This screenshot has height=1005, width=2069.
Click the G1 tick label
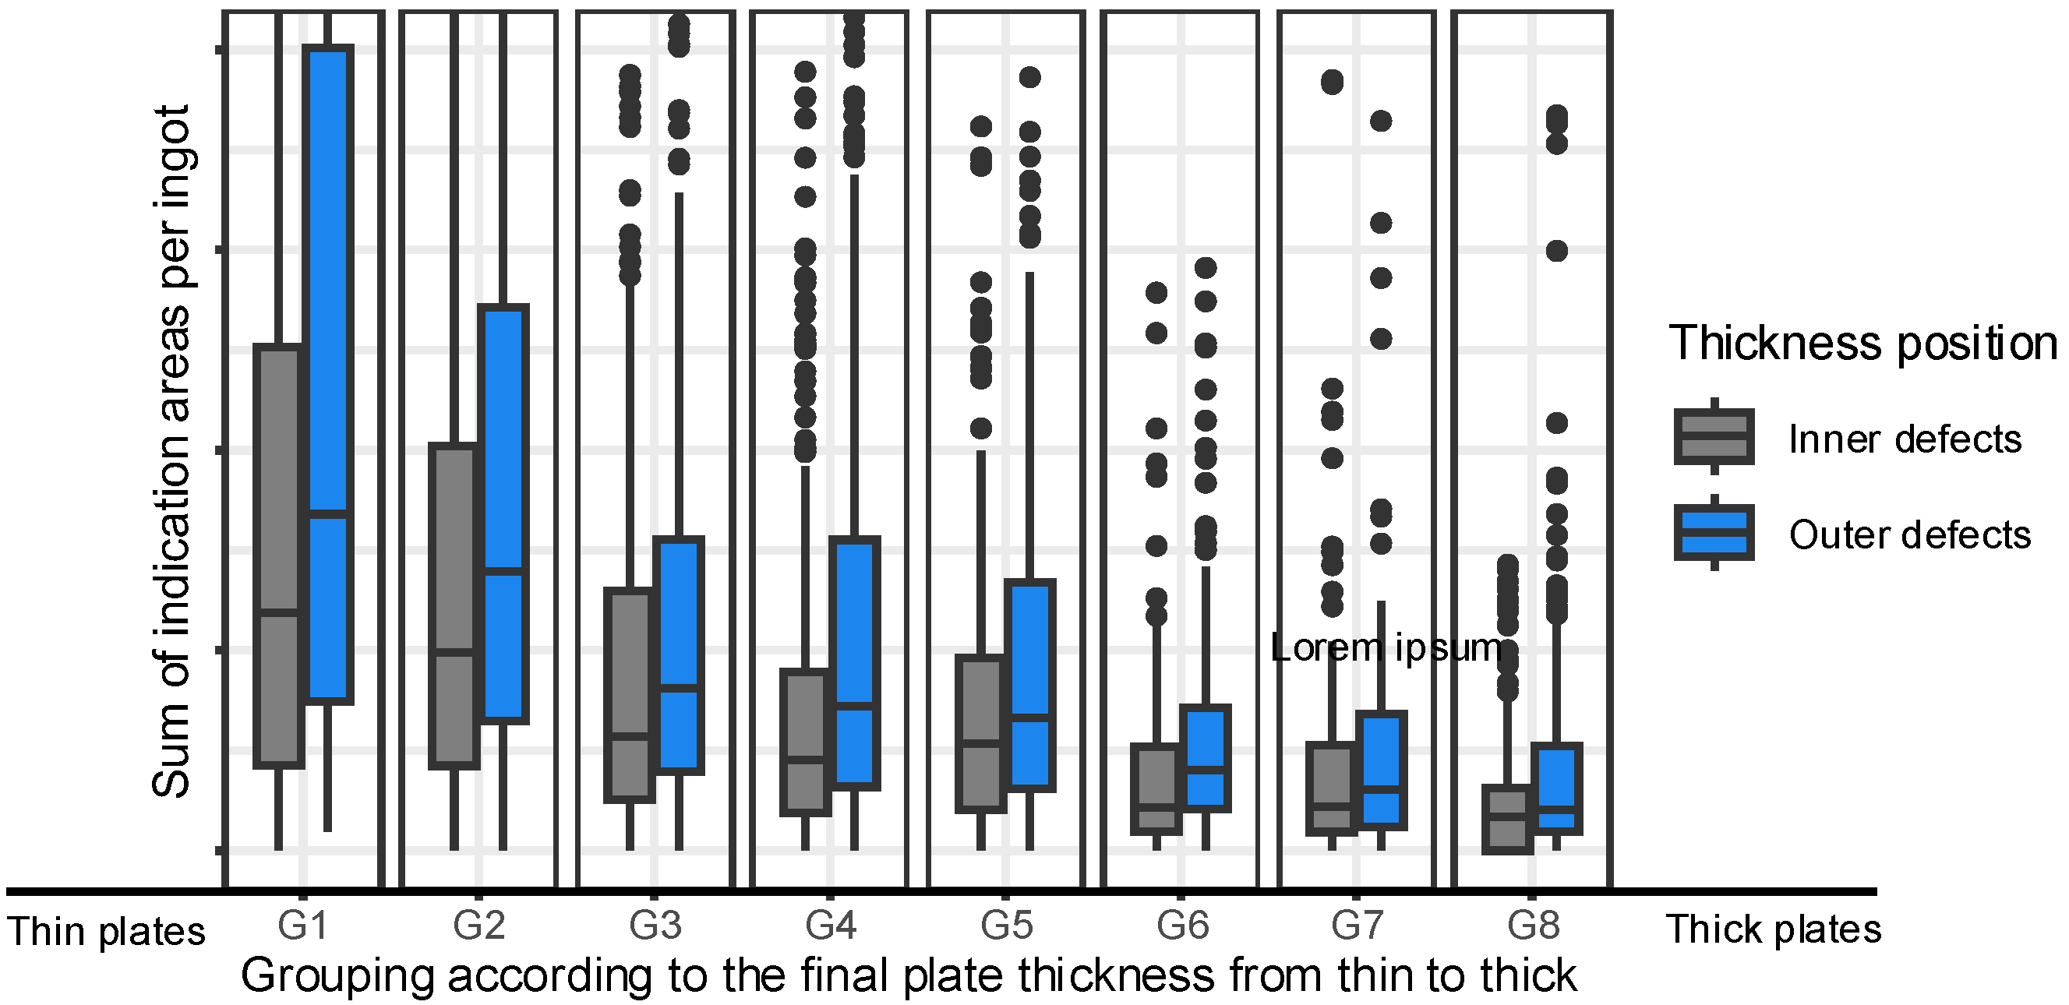coord(303,926)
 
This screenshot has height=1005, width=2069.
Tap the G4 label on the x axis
coord(831,926)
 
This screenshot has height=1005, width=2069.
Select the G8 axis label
coord(1534,926)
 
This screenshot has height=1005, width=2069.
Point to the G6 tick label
coord(1182,926)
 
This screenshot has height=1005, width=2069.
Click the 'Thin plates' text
coord(106,932)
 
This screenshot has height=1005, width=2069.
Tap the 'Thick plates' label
coord(1774,929)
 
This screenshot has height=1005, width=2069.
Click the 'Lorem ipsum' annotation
coord(1386,647)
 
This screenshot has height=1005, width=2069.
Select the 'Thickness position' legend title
coord(1862,344)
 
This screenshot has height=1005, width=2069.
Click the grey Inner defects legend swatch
coord(1713,437)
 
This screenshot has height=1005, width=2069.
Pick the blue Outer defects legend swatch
coord(1713,532)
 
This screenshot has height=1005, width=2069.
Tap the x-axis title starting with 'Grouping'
coord(909,976)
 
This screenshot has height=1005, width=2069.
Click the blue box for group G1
coord(330,375)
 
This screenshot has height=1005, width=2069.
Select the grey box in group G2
coord(454,606)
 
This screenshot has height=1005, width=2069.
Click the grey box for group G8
coord(1508,818)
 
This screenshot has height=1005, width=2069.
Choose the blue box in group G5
coord(1030,686)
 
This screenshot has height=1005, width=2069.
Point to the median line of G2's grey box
coord(454,652)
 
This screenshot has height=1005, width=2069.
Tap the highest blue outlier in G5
coord(1029,77)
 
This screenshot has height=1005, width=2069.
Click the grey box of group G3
coord(630,695)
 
